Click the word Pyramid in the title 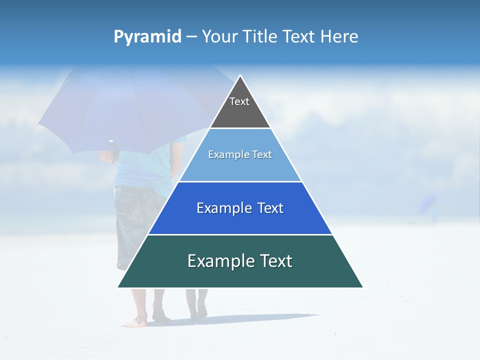(147, 37)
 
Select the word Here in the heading (339, 37)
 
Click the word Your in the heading (220, 37)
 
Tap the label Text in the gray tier (239, 101)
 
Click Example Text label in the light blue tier (240, 154)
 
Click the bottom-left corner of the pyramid (118, 287)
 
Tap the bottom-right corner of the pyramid (362, 287)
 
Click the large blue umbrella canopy (125, 110)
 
